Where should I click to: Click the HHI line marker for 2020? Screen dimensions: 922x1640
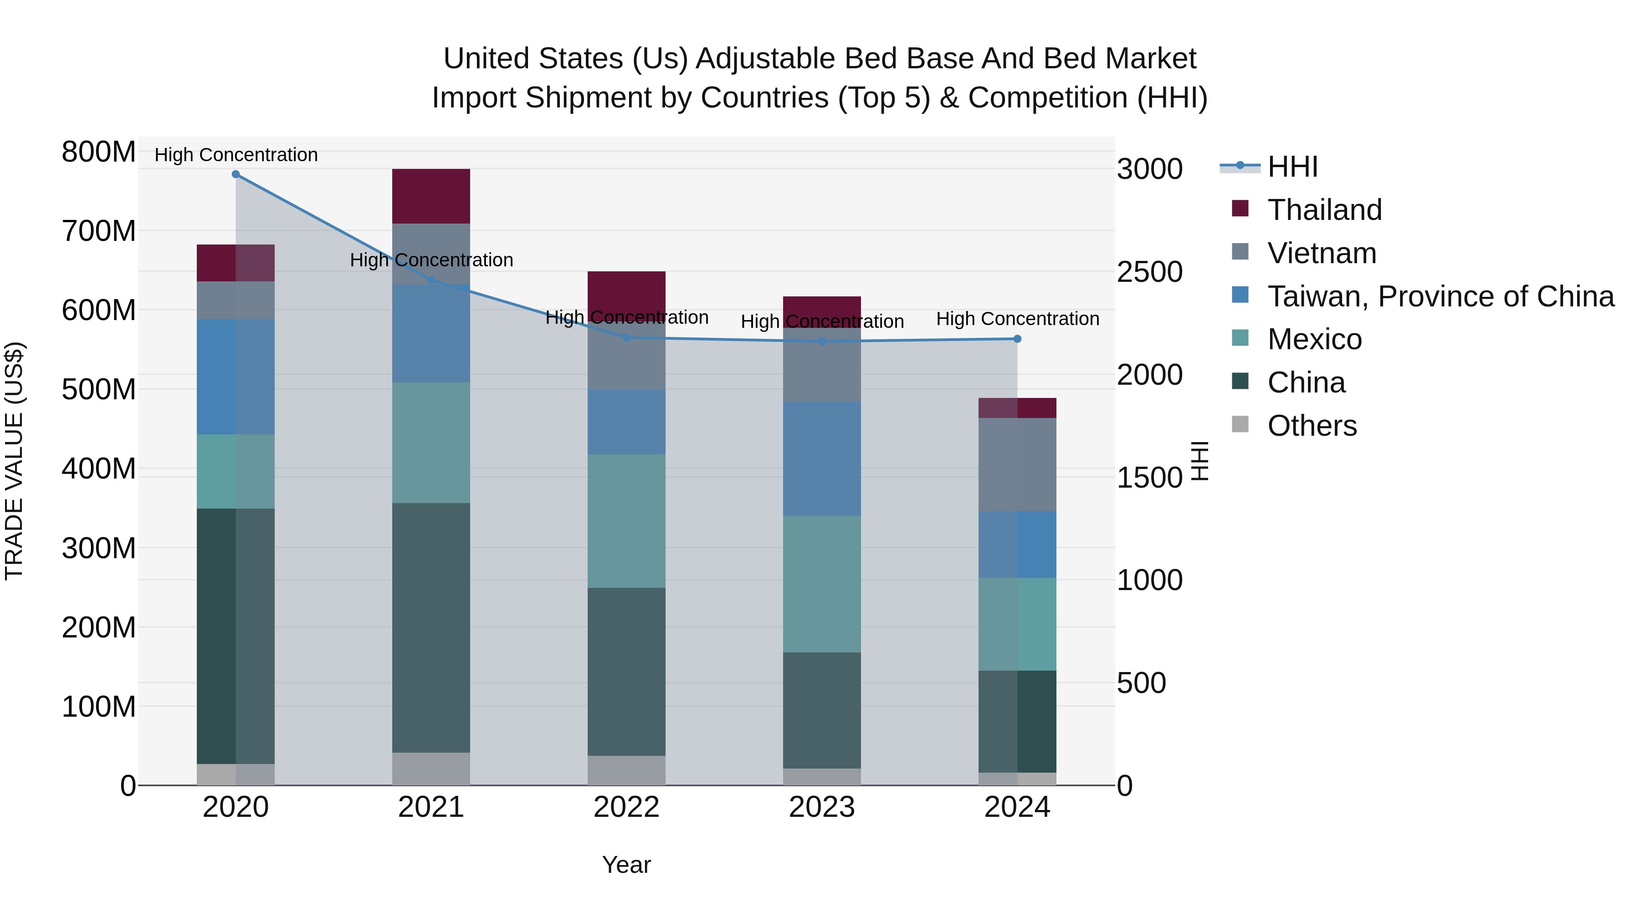(x=236, y=174)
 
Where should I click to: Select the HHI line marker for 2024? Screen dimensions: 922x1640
(x=1017, y=339)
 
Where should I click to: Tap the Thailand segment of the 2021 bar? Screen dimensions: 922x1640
(x=431, y=196)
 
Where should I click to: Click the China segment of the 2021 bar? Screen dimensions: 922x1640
(x=431, y=627)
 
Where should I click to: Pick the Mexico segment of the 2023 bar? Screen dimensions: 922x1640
(x=822, y=584)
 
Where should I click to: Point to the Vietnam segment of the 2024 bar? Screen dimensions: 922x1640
(x=1017, y=464)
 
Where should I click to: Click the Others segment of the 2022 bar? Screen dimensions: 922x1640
(x=626, y=770)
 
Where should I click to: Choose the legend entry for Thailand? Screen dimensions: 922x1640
(x=1324, y=210)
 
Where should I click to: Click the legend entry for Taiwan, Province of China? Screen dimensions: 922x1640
(x=1440, y=296)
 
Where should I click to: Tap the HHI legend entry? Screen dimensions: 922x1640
(x=1292, y=167)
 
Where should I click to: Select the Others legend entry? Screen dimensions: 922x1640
(x=1312, y=426)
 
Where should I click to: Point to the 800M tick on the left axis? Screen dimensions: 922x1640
(x=99, y=153)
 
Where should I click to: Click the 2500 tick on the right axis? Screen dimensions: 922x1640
(x=1150, y=272)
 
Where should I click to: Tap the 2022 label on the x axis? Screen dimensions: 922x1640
(x=626, y=807)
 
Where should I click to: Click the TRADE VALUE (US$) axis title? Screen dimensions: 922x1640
(x=14, y=461)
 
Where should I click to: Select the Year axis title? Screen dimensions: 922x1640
(x=626, y=865)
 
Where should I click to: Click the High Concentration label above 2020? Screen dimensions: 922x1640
(x=236, y=155)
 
